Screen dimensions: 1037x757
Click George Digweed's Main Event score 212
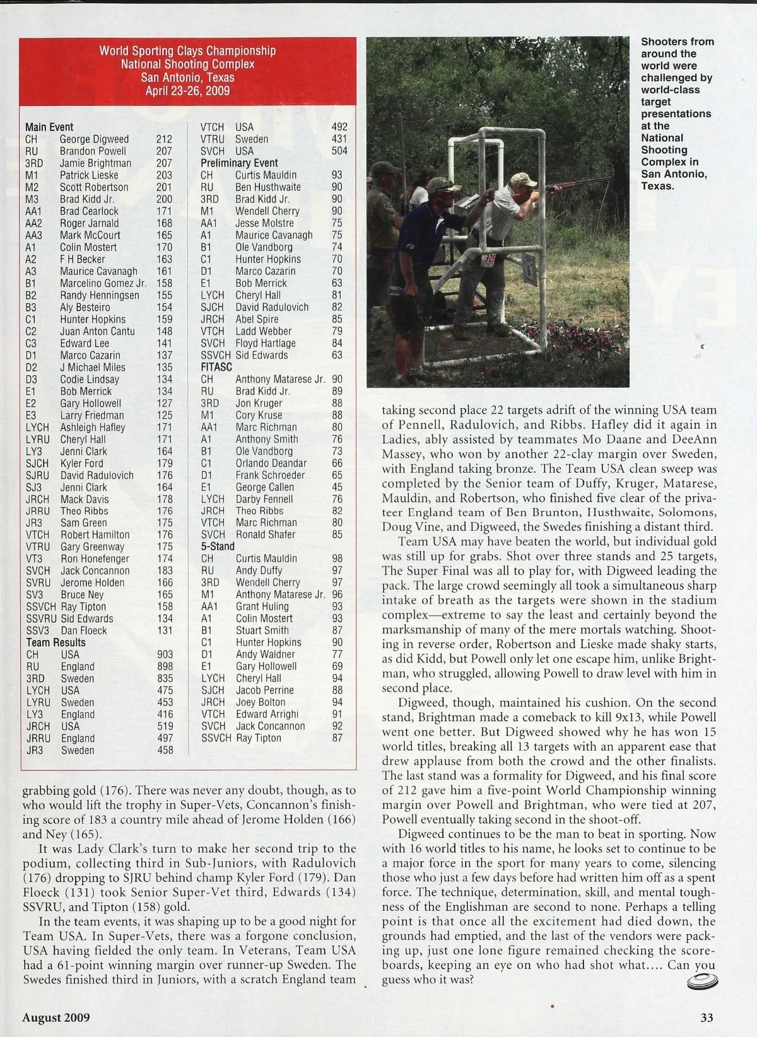tap(164, 139)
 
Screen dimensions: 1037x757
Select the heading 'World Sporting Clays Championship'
tap(187, 50)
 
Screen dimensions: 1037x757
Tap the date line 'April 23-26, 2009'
tap(187, 91)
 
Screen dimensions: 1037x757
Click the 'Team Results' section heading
tap(56, 642)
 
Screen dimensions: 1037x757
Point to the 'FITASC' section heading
tap(216, 367)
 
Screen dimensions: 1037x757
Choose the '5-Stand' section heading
tap(218, 547)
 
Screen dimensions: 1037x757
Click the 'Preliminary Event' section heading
tap(239, 163)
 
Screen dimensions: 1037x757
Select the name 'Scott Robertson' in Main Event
tap(94, 187)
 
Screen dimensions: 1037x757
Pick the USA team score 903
tap(165, 655)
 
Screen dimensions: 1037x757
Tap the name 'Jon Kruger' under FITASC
tap(259, 403)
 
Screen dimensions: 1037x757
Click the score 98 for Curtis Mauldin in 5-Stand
tap(337, 559)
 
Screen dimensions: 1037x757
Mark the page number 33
tap(707, 1017)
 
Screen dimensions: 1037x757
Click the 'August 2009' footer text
tap(56, 1017)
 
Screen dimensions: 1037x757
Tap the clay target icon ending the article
tap(701, 980)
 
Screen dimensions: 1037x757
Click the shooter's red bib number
tap(489, 258)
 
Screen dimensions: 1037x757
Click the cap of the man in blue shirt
tap(441, 184)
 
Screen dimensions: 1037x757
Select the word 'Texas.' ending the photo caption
tap(658, 187)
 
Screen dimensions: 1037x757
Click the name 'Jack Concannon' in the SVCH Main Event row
tap(95, 571)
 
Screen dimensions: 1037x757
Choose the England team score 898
tap(165, 667)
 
